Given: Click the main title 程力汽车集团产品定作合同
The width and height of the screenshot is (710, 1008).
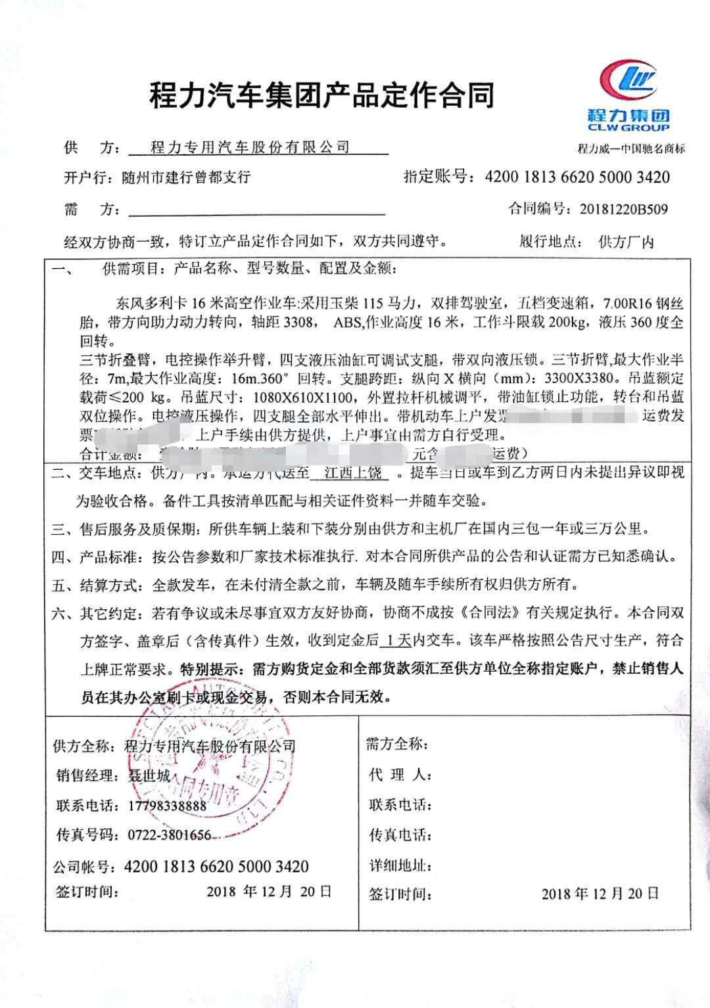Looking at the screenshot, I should click(x=322, y=96).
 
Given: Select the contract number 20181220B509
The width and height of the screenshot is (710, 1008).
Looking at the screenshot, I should click(x=624, y=210).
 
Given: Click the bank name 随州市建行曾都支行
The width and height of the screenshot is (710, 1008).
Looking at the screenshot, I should click(x=186, y=177).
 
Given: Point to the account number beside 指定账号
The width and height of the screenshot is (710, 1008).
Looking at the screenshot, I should click(x=577, y=177).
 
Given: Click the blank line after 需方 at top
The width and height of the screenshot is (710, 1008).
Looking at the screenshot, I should click(x=257, y=210).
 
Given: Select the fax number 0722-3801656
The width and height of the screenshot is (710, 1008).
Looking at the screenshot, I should click(x=168, y=835).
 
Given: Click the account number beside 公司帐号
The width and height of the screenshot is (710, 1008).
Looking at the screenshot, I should click(x=216, y=866).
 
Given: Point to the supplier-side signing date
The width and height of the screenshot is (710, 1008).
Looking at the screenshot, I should click(x=269, y=892).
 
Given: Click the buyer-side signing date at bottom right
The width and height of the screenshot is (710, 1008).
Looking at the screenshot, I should click(x=600, y=894).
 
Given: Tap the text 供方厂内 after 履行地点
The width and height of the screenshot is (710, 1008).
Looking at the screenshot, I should click(x=626, y=242).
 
